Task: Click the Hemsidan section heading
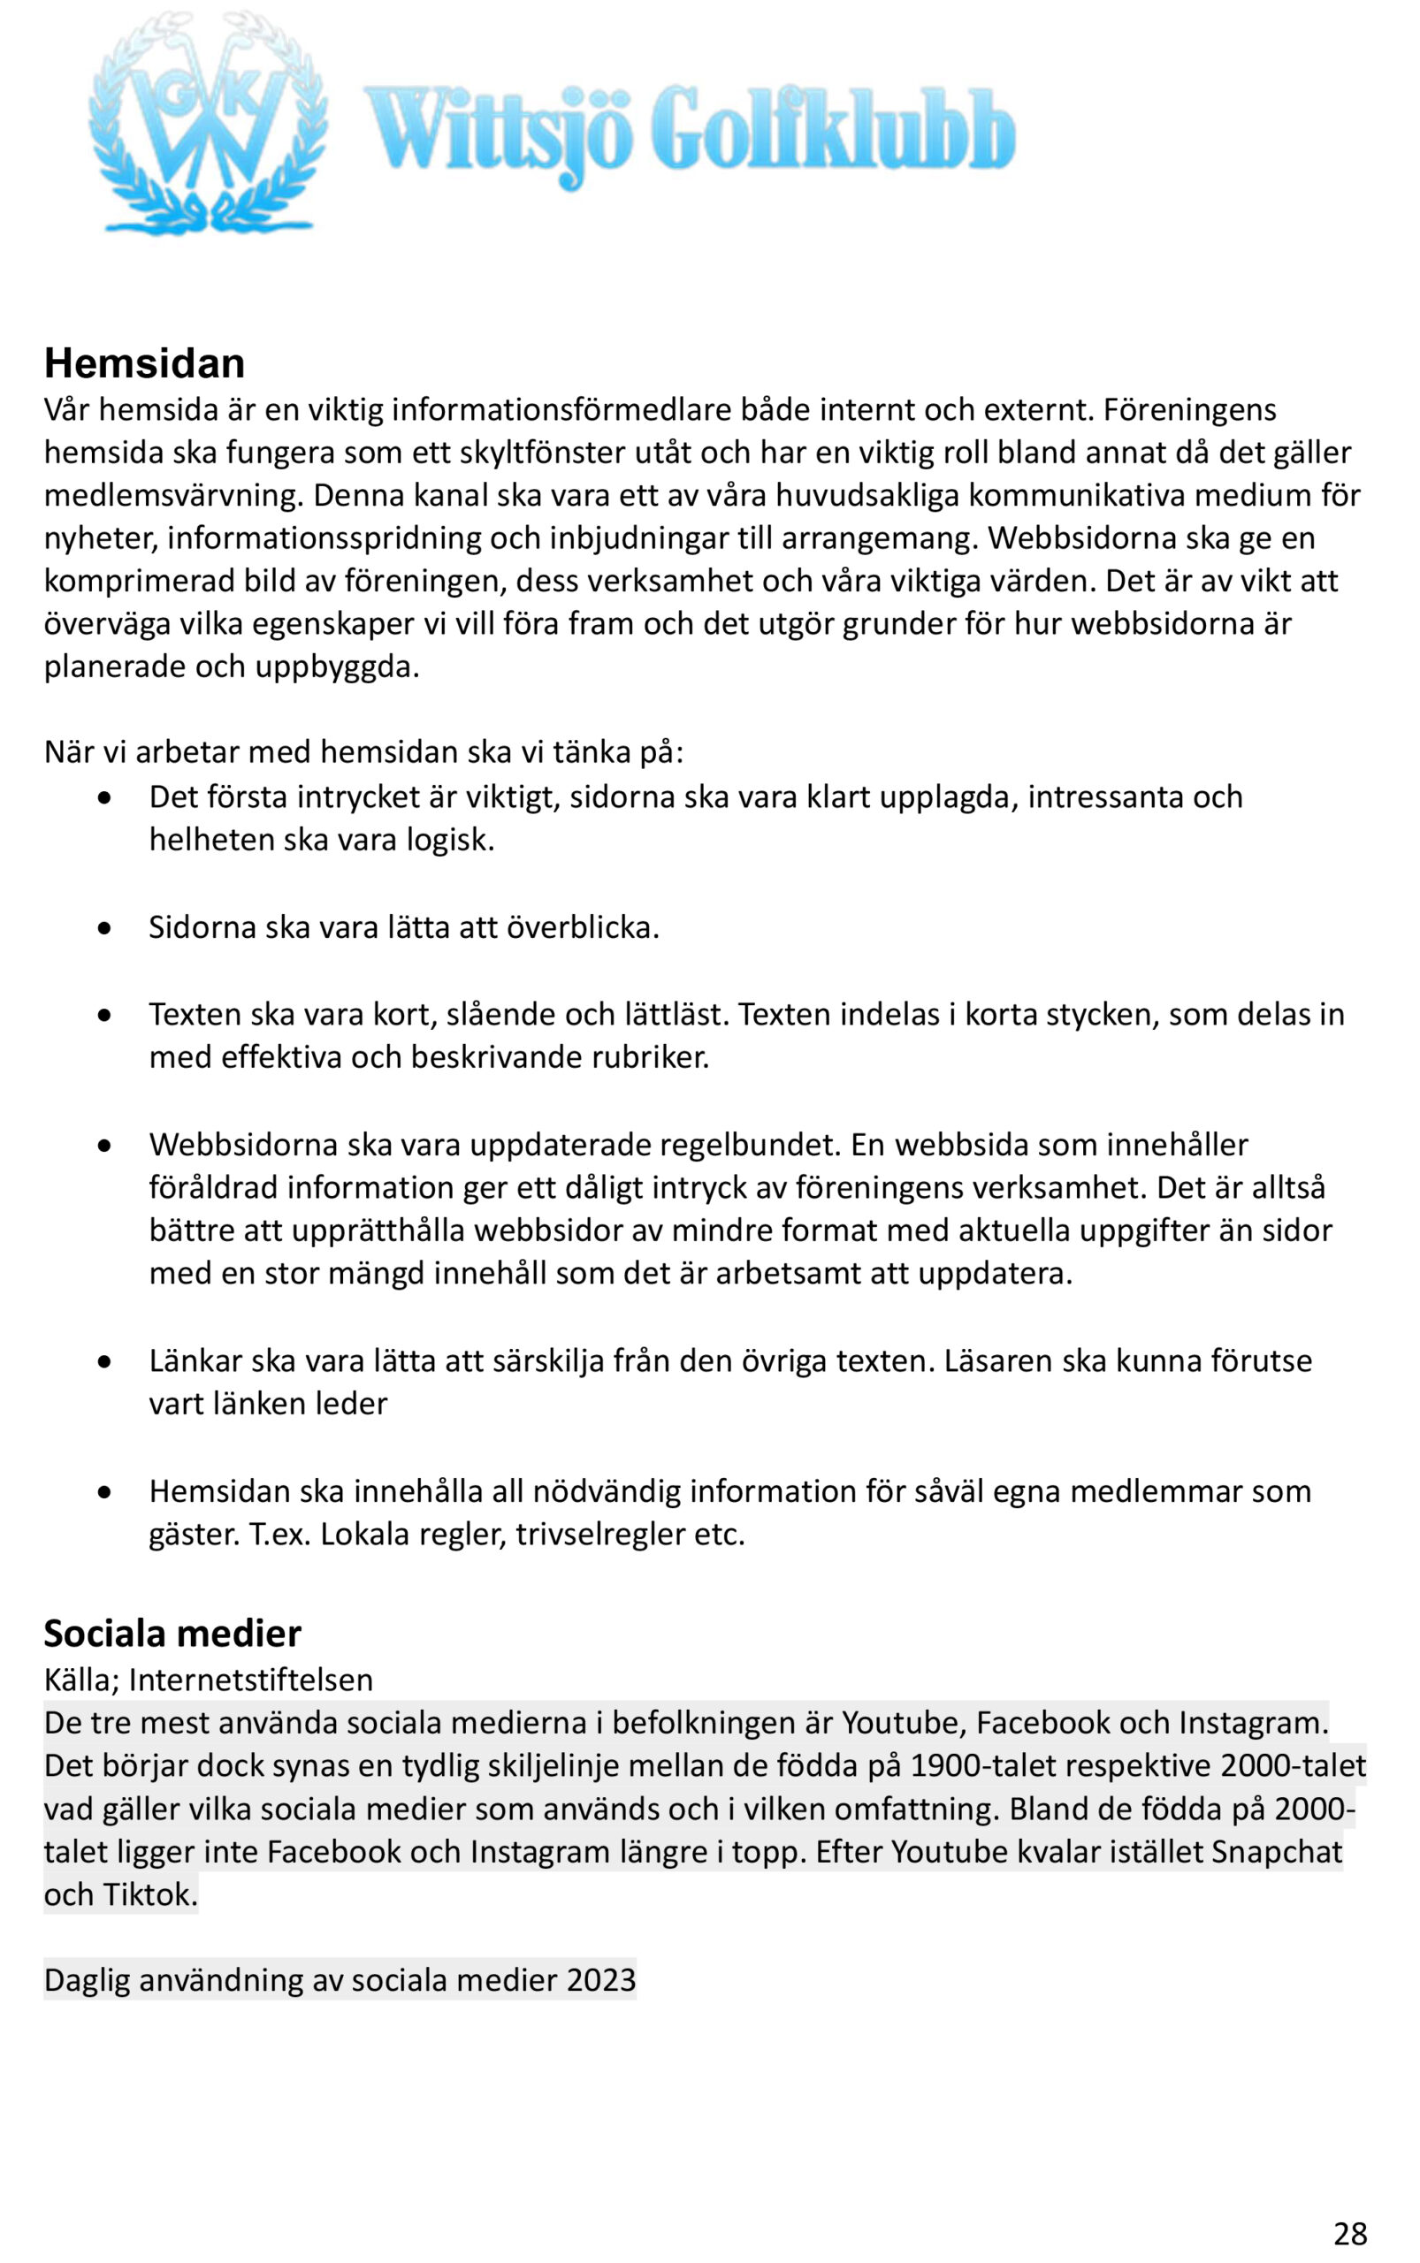pos(145,363)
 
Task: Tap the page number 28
pos(1349,2233)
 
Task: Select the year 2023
pos(601,1979)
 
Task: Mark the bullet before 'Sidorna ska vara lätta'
pos(105,927)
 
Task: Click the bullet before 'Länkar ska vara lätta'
pos(105,1361)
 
